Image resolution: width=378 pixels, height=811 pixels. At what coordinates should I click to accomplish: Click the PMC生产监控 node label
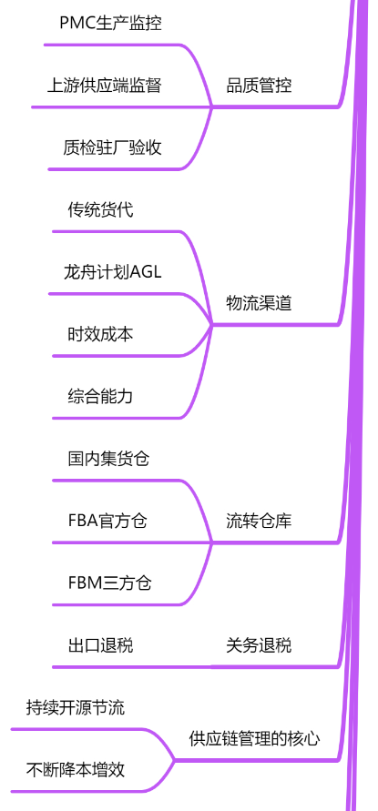tap(110, 24)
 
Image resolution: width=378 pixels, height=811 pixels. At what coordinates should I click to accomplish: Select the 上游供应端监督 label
tap(104, 86)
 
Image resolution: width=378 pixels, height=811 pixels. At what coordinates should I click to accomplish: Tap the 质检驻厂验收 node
tap(112, 147)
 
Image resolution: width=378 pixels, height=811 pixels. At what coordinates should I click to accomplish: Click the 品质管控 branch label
tap(259, 86)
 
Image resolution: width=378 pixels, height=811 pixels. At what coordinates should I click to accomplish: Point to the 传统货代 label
tap(100, 209)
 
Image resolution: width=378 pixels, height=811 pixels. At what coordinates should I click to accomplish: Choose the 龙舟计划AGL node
tap(112, 271)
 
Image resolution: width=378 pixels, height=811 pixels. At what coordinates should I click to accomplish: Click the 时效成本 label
tap(100, 334)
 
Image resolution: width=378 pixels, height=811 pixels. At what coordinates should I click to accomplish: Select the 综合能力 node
tap(100, 396)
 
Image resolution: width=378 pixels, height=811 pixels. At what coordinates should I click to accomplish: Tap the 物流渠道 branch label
tap(259, 303)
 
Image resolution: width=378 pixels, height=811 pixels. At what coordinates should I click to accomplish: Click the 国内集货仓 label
tap(108, 458)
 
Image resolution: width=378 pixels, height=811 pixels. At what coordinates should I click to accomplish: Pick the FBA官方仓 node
tap(107, 521)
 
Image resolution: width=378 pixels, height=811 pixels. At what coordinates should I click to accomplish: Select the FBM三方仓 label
tap(110, 583)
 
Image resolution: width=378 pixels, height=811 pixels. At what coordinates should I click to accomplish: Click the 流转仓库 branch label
tap(259, 521)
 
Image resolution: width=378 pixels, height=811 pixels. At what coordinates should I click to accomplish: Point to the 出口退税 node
tap(100, 645)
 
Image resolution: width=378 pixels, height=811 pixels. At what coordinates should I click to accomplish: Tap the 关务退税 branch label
tap(259, 645)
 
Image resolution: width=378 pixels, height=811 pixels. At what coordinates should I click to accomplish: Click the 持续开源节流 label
tap(75, 707)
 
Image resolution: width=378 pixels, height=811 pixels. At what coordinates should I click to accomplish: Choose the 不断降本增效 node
tap(75, 770)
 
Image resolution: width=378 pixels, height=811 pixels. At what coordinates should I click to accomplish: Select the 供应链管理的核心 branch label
tap(255, 738)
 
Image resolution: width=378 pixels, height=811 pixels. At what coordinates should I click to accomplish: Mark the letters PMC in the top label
tap(77, 24)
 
